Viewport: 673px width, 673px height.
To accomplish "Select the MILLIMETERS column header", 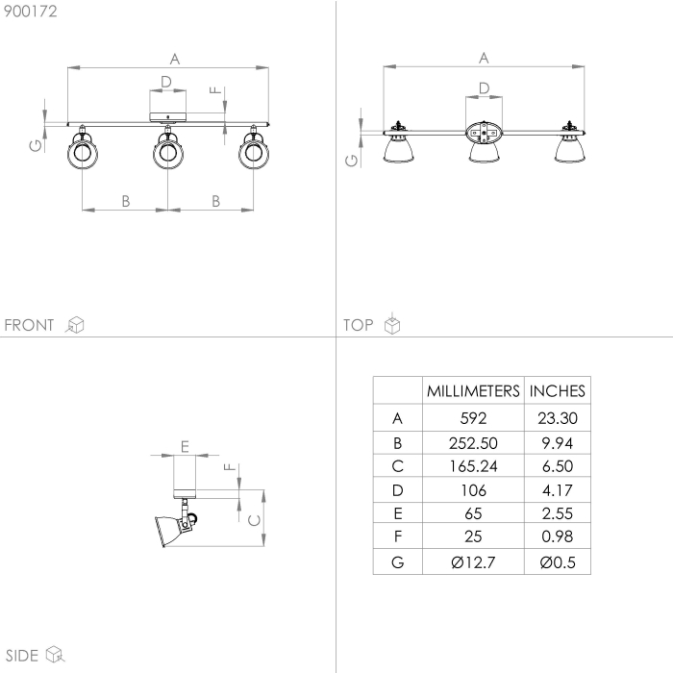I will pos(473,391).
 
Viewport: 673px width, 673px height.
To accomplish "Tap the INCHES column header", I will pos(558,391).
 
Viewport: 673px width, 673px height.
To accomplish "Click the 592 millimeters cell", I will pos(473,418).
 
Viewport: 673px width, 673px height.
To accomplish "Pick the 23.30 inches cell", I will pos(558,418).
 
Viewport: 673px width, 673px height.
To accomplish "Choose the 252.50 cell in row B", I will pos(473,442).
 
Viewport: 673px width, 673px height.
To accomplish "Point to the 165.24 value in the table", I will pos(473,466).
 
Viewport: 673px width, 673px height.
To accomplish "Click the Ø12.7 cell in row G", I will pos(473,562).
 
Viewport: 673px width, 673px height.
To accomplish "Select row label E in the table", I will pos(398,514).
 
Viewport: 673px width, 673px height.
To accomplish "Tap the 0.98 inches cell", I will pos(558,538).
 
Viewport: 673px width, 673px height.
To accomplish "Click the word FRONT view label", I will pos(30,325).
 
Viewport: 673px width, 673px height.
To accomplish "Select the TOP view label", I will pos(358,325).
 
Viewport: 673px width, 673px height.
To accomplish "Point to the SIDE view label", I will pos(21,656).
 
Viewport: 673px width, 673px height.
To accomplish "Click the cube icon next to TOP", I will pos(391,325).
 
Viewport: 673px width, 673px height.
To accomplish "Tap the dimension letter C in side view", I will pos(253,521).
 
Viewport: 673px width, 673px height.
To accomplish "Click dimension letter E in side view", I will pos(184,445).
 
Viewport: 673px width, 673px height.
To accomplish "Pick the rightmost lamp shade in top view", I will pos(569,150).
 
